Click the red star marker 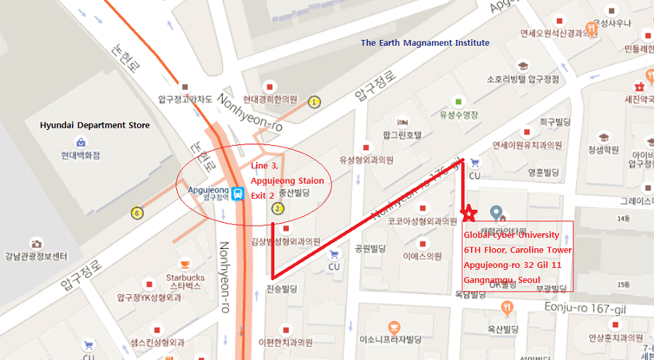tap(470, 213)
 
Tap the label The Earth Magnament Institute tap(425, 43)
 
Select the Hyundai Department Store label tap(95, 126)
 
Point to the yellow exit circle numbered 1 tap(314, 102)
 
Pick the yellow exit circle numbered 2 tap(277, 210)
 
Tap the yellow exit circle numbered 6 tap(136, 213)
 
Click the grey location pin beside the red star tap(497, 213)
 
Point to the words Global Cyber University tap(512, 234)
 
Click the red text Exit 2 tap(263, 195)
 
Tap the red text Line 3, tap(264, 166)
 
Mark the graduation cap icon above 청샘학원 tap(603, 136)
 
